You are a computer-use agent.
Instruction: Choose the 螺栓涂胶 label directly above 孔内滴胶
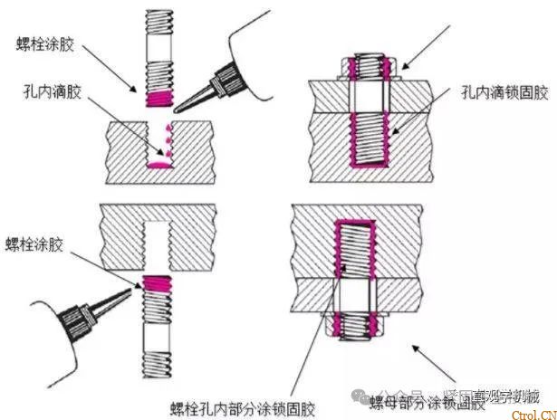[47, 42]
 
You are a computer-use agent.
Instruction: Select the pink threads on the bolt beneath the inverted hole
[158, 288]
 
